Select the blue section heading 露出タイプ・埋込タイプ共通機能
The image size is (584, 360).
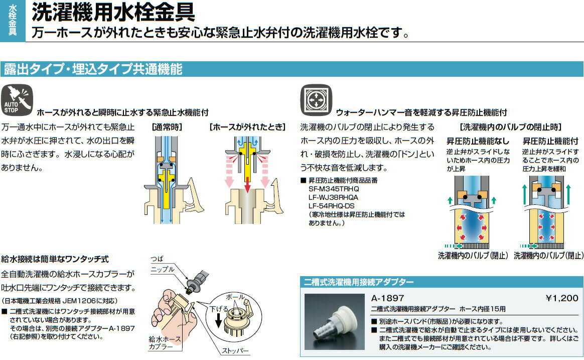click(92, 69)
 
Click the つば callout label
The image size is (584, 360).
click(158, 260)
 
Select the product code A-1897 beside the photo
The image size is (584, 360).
click(387, 298)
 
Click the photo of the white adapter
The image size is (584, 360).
click(334, 321)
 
